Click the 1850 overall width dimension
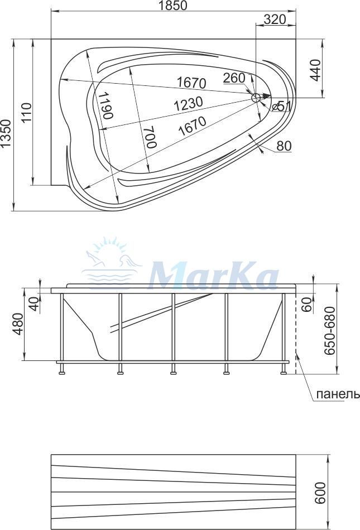click(172, 6)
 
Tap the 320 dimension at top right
click(275, 20)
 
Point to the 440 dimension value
click(315, 70)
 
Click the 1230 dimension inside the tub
click(189, 104)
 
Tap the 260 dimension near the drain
click(234, 78)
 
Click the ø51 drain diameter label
click(281, 107)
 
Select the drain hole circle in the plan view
click(256, 98)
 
